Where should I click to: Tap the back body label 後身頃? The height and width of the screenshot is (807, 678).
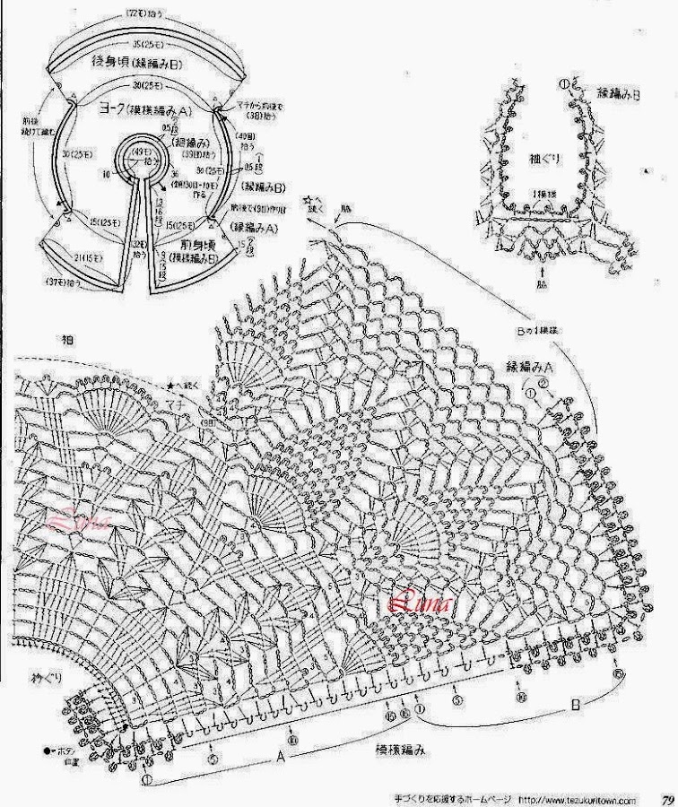coord(111,62)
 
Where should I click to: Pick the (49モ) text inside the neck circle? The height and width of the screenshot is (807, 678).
coord(143,152)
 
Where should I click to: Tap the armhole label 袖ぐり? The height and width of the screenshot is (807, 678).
coord(543,159)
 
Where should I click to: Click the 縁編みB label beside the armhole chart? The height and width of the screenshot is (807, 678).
coord(618,92)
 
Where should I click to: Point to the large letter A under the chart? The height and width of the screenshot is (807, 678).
coord(280,756)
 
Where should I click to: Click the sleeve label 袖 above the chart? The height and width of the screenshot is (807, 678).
coord(67,340)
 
